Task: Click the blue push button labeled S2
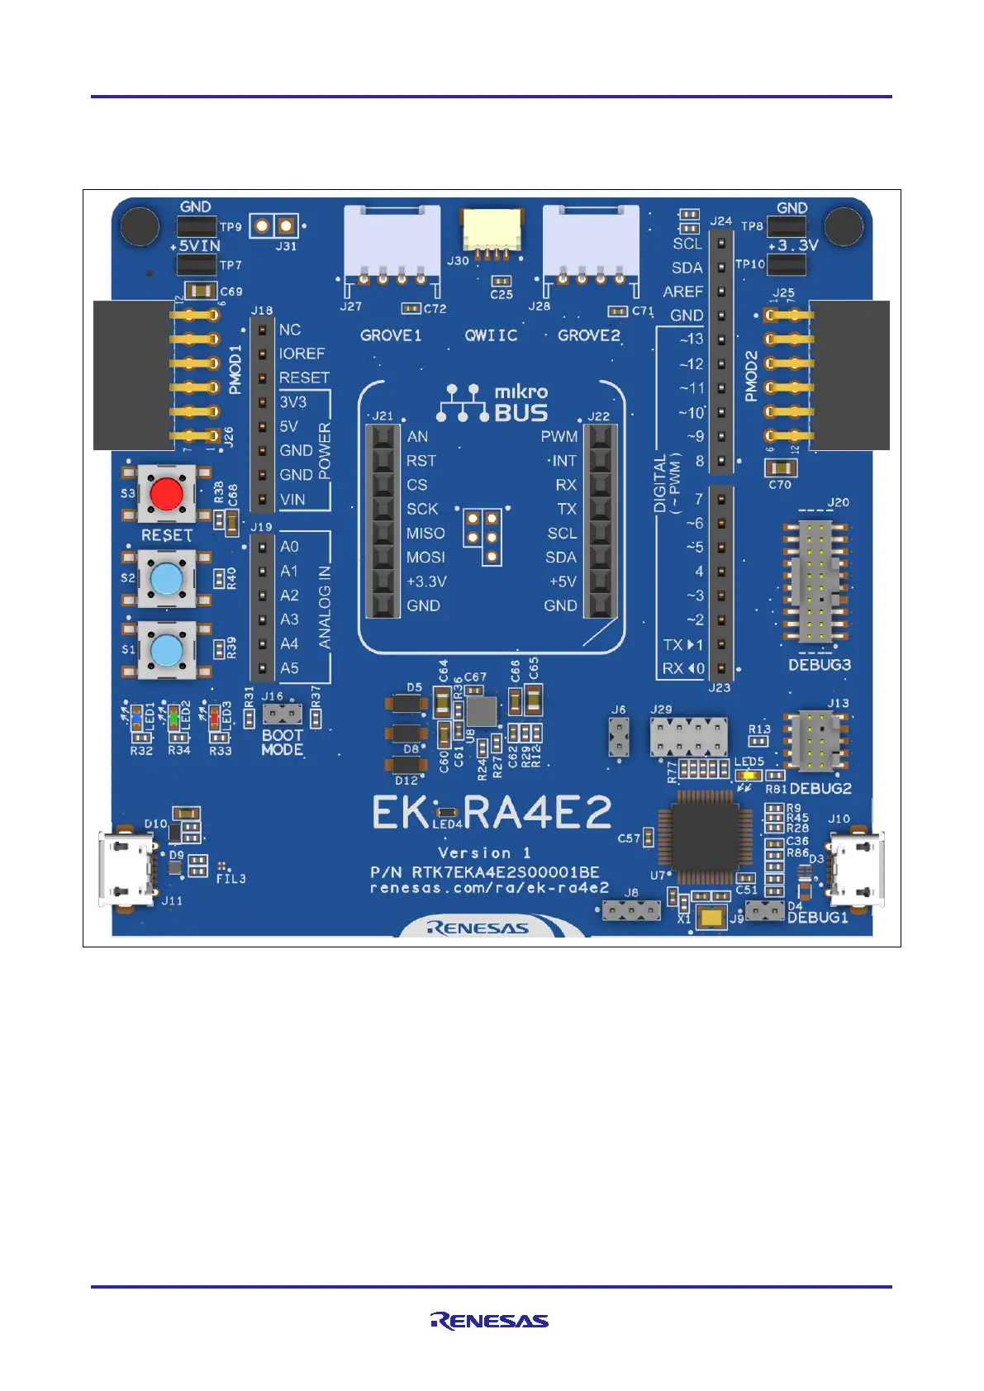click(167, 579)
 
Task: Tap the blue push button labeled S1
click(167, 650)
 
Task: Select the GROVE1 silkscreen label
click(391, 335)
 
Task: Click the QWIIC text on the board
click(491, 335)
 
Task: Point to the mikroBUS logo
click(492, 403)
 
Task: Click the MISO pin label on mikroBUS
click(425, 534)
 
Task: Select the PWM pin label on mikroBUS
click(559, 436)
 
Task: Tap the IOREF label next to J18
click(302, 354)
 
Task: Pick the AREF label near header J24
click(682, 292)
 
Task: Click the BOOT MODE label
click(283, 742)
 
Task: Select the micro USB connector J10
click(857, 868)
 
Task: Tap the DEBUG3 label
click(819, 665)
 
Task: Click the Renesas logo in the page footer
click(489, 1321)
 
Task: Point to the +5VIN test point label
click(195, 246)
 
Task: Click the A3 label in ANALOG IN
click(289, 620)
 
